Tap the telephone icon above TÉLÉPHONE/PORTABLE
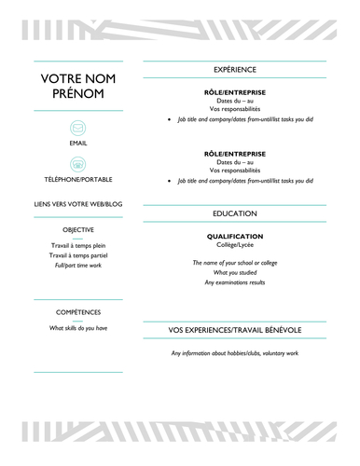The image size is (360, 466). pos(78,163)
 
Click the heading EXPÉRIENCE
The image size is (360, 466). pos(234,70)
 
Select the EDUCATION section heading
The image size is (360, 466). pos(234,213)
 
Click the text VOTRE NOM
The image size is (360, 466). pos(78,78)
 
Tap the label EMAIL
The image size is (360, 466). pos(78,144)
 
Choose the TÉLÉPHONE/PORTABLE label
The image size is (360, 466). pos(78,178)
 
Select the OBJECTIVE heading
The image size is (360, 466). pos(78,229)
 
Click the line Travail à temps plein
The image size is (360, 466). pos(78,244)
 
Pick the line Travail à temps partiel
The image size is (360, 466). pos(78,254)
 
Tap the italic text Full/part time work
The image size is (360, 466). pos(78,266)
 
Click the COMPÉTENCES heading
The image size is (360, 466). pos(78,312)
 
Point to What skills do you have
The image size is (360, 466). pos(78,328)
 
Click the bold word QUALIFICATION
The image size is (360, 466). pos(234,236)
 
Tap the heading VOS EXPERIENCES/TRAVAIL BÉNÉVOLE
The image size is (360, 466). pos(234,330)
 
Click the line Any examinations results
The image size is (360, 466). pos(234,282)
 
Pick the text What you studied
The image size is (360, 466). pos(234,272)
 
